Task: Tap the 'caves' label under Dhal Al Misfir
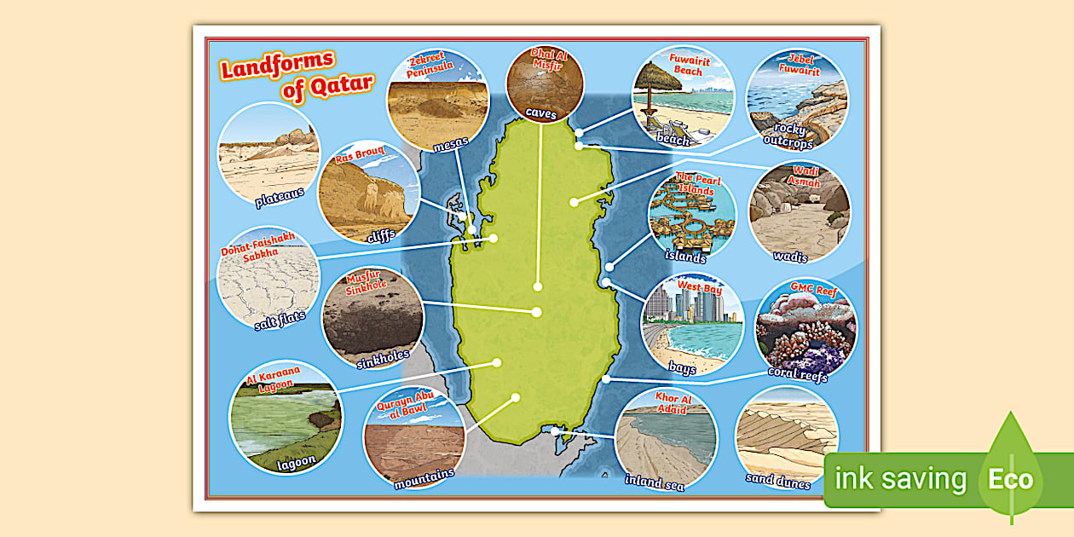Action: tap(540, 113)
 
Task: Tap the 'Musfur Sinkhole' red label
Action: tap(367, 281)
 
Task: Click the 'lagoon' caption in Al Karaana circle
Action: tap(296, 461)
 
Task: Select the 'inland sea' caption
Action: tap(654, 482)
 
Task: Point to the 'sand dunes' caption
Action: tap(778, 478)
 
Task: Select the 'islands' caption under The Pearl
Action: tap(686, 256)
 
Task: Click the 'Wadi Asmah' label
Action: tap(805, 177)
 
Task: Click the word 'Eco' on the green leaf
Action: tap(1010, 478)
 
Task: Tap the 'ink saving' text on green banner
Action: tap(901, 478)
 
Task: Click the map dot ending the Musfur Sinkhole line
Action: tap(537, 312)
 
